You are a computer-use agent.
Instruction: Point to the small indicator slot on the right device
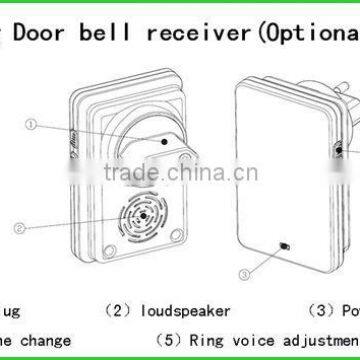coord(285,246)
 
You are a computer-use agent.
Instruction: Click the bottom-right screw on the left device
coord(177,235)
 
